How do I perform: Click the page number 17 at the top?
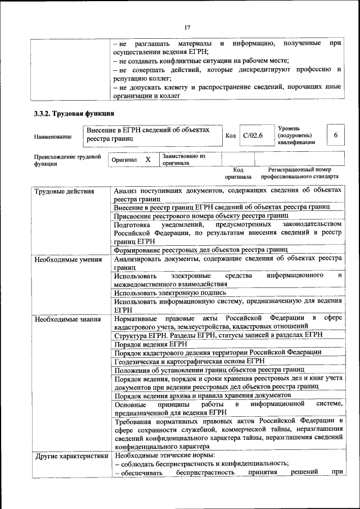[x=187, y=27]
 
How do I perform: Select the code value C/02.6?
[x=253, y=136]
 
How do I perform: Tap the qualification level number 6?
[x=336, y=136]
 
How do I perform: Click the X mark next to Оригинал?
[x=148, y=160]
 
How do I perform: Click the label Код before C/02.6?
[x=230, y=136]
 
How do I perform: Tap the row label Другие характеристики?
[x=71, y=456]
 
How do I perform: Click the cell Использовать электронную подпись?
[x=170, y=292]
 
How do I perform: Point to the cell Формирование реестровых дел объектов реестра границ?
[x=201, y=249]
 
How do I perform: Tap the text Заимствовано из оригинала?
[x=183, y=160]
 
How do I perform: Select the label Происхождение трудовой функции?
[x=67, y=161]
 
